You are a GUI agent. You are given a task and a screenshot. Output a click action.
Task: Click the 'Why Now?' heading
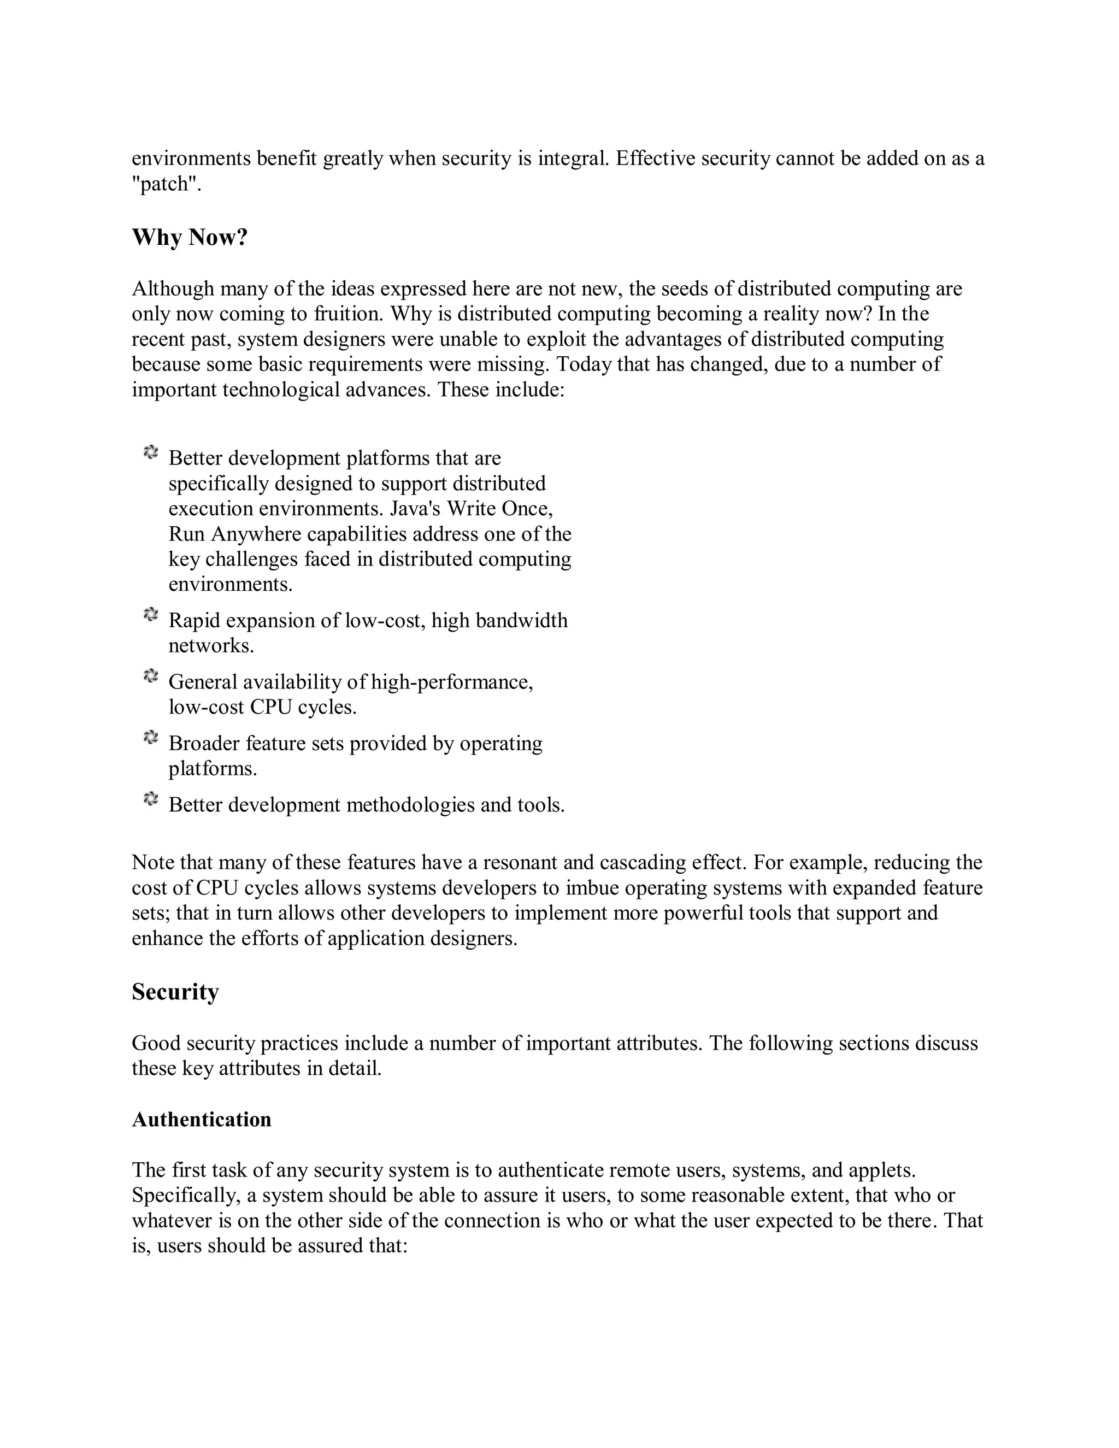coord(190,237)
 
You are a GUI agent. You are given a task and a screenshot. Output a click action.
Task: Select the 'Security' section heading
coord(175,992)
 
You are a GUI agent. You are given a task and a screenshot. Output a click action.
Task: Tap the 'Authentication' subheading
coord(202,1119)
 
